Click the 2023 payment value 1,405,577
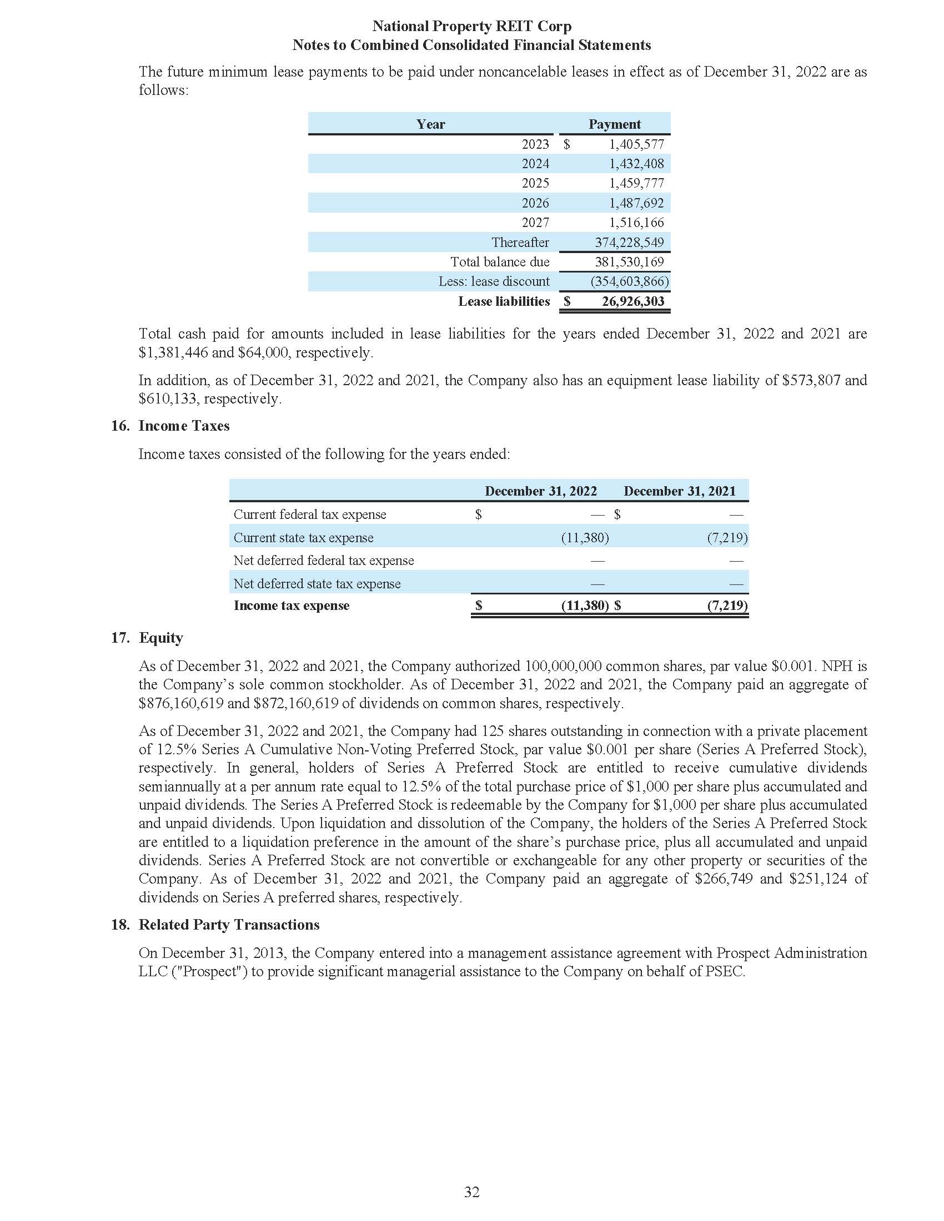coord(636,144)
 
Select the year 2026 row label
coord(535,203)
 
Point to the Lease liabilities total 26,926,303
coord(632,301)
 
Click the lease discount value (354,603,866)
coord(629,281)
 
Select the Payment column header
coord(614,124)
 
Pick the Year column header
coord(430,124)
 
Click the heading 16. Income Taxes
coord(170,426)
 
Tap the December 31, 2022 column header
coord(540,491)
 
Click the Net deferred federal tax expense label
coord(323,560)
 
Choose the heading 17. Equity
coord(147,637)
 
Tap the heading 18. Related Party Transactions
coord(215,924)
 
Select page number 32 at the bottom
coord(471,1192)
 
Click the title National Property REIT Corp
coord(471,26)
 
